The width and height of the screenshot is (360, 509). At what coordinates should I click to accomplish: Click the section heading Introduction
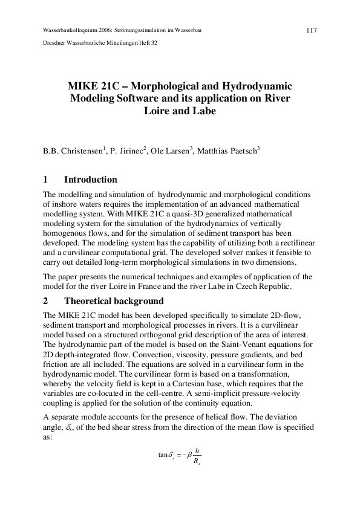pos(90,180)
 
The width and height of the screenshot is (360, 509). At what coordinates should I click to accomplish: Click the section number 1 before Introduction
pos(45,180)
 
